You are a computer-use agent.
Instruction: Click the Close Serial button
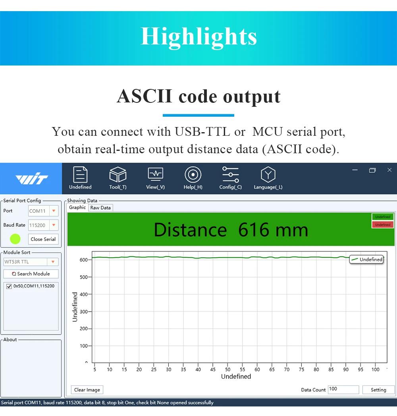coord(43,239)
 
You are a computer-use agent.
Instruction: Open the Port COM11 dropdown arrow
coord(54,211)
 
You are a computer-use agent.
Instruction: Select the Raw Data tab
coord(100,208)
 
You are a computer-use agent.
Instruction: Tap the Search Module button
coord(31,274)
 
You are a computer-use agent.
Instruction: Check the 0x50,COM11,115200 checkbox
coord(9,286)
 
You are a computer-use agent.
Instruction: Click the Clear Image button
coord(87,390)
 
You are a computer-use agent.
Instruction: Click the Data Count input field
coord(343,389)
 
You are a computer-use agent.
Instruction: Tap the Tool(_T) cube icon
coord(118,175)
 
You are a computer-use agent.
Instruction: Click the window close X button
coord(389,170)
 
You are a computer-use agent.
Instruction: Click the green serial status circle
coord(15,239)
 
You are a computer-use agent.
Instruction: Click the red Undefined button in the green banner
coord(383,225)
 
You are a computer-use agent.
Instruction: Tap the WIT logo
coord(32,178)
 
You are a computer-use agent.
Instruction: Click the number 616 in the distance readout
coord(254,230)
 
